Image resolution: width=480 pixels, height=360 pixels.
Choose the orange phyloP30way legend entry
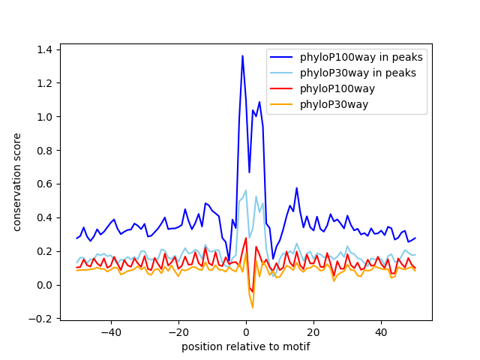pos(331,104)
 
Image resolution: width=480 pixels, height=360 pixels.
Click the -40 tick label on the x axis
pos(111,332)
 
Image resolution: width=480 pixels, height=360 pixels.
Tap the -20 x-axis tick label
pos(178,332)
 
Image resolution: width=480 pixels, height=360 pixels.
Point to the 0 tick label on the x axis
pos(246,332)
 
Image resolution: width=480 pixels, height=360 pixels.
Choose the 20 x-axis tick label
pos(313,332)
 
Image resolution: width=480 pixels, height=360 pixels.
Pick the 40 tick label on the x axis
pos(381,332)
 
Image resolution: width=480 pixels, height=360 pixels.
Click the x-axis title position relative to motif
pos(245,346)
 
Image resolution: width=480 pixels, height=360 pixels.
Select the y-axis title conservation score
pos(16,183)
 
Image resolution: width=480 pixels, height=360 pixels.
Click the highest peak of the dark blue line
pos(242,55)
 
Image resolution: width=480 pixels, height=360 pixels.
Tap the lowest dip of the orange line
pos(253,307)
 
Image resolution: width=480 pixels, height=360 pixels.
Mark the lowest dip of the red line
pos(253,292)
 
